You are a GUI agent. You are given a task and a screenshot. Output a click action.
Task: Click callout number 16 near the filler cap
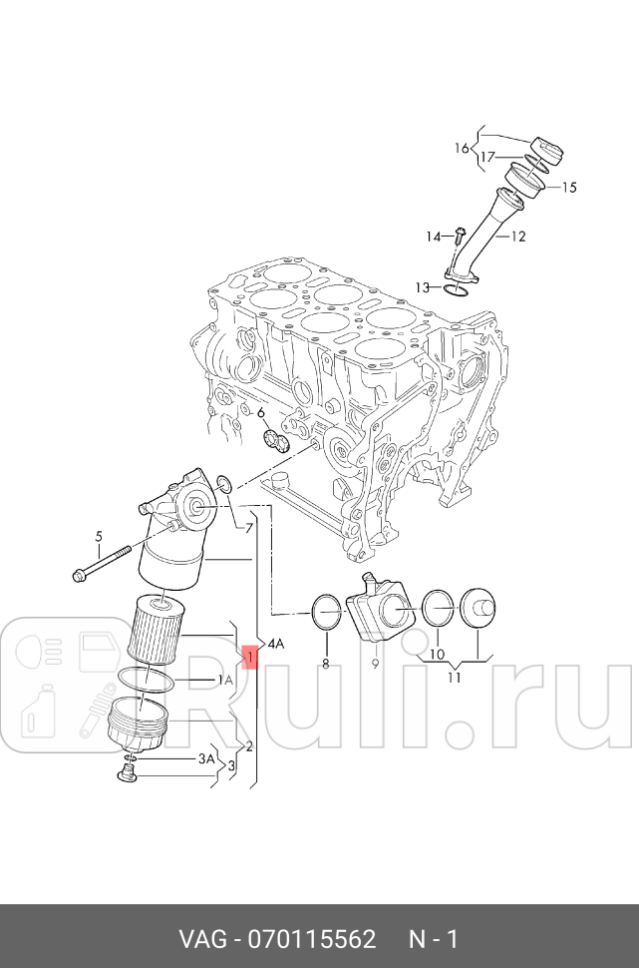(462, 149)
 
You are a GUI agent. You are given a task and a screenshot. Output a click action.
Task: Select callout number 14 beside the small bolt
(434, 237)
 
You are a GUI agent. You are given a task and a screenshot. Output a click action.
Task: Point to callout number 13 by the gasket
(423, 287)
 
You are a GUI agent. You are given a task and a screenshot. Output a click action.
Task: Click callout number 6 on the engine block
(261, 413)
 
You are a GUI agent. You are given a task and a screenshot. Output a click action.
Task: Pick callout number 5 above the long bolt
(99, 538)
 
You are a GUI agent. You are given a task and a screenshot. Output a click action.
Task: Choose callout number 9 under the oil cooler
(375, 662)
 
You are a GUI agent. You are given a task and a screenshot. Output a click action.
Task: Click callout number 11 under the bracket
(455, 678)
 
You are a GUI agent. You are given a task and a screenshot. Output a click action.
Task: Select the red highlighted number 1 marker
(250, 658)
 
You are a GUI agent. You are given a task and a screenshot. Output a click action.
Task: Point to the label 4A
(274, 644)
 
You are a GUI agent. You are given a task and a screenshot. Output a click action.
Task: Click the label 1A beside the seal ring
(225, 680)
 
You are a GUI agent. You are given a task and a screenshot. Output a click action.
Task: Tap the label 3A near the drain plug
(206, 758)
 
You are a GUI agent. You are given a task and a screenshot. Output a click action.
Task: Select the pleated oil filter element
(155, 626)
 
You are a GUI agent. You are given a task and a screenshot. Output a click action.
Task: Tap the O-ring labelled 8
(325, 612)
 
